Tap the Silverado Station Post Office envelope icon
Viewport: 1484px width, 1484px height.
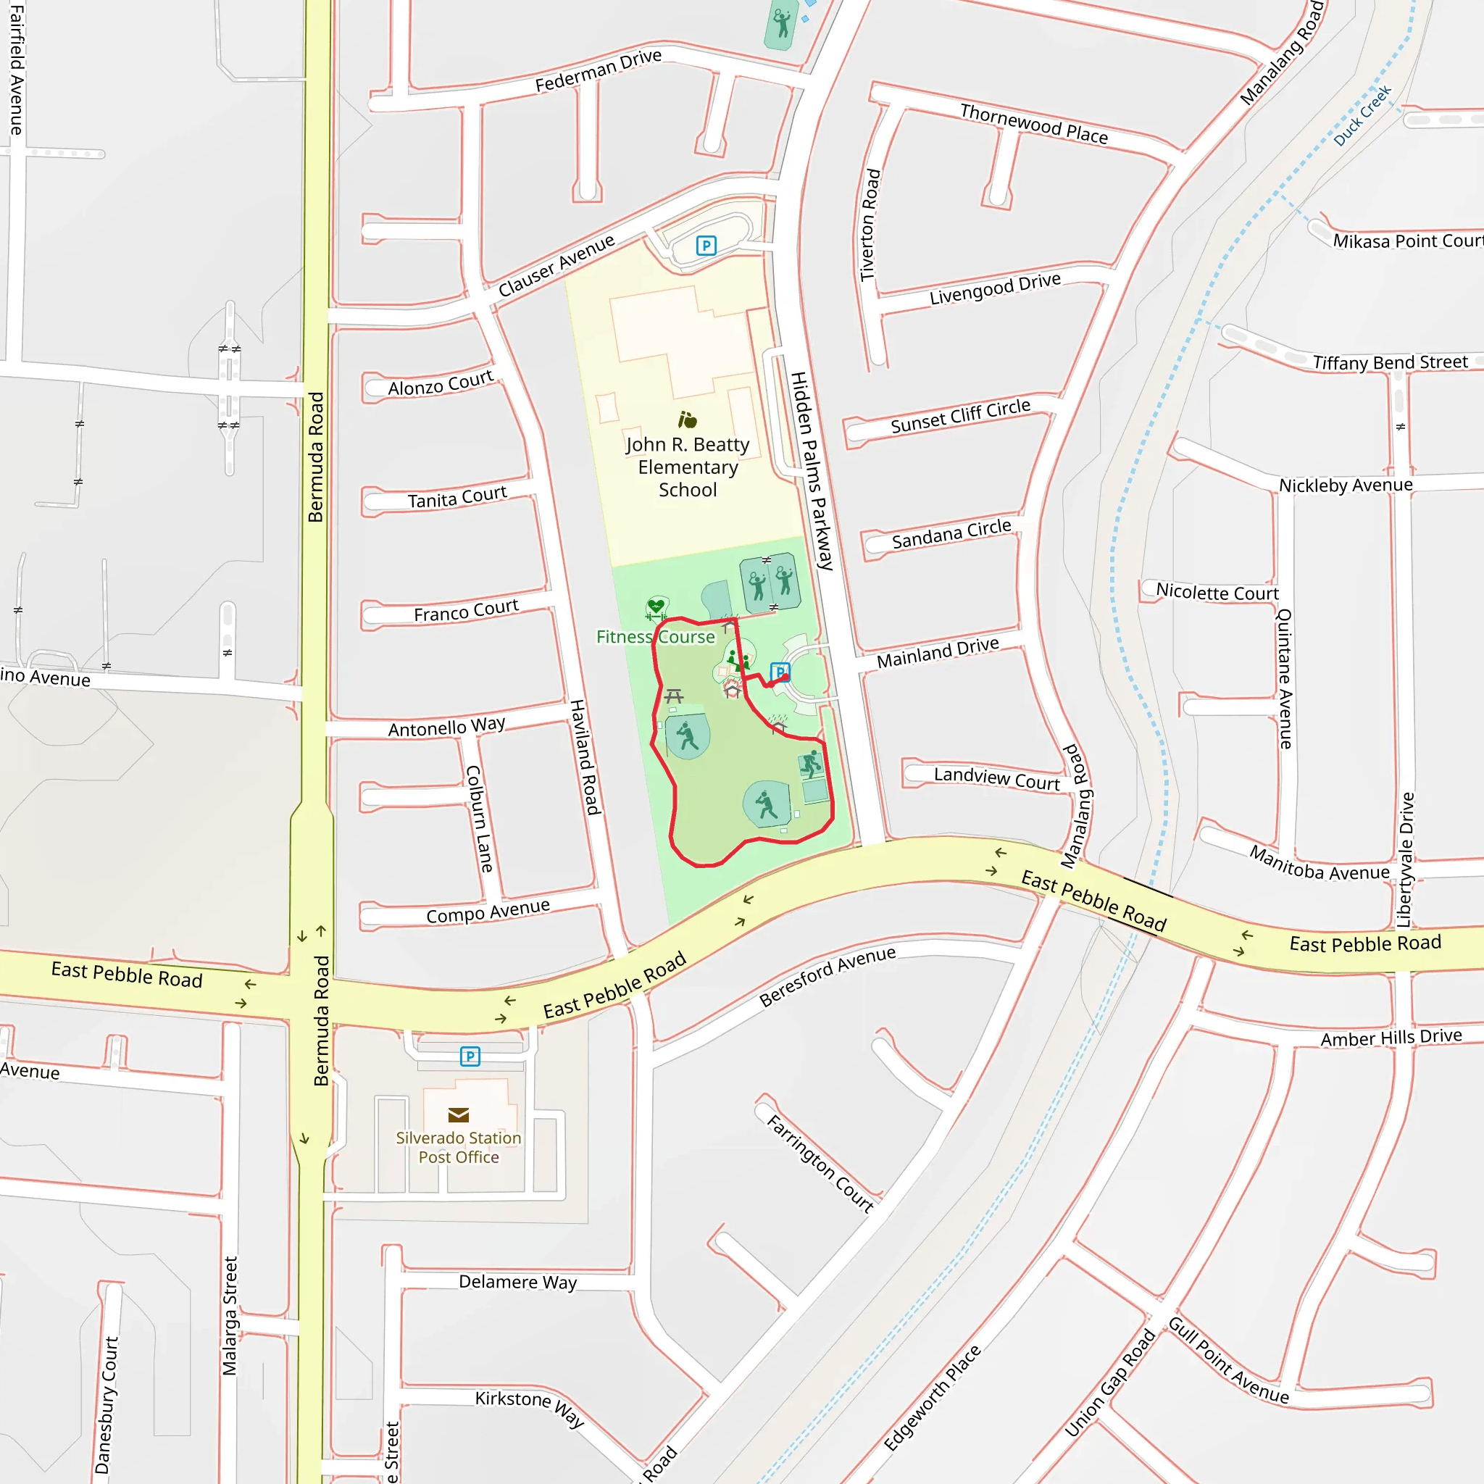click(x=459, y=1114)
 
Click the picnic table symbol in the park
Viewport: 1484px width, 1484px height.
click(x=674, y=696)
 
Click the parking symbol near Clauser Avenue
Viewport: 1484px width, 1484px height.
click(x=706, y=246)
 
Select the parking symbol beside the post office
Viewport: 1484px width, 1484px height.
click(x=470, y=1056)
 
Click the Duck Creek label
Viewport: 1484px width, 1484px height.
click(x=1362, y=116)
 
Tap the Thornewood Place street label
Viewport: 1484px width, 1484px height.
click(x=1034, y=125)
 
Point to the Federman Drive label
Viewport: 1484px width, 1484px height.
click(x=598, y=71)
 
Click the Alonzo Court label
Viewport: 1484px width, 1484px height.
click(x=440, y=383)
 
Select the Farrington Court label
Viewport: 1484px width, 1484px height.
click(x=820, y=1164)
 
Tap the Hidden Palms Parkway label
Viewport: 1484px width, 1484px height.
click(x=812, y=470)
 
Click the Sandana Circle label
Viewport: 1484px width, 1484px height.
click(x=951, y=534)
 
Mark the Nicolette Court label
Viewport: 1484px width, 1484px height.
click(x=1217, y=591)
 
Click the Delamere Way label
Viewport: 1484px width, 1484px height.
click(x=517, y=1282)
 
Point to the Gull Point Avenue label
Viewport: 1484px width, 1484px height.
click(x=1228, y=1360)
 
